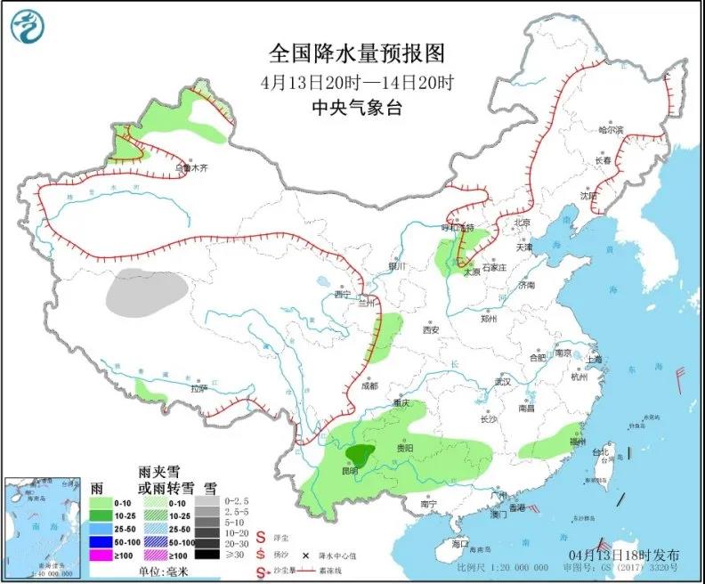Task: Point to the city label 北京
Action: (x=522, y=223)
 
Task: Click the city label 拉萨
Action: (x=199, y=388)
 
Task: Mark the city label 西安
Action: (x=431, y=329)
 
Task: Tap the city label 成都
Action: (x=369, y=385)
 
